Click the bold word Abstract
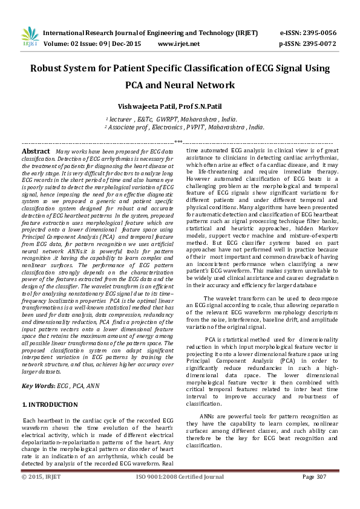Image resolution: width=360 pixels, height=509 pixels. coord(36,151)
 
